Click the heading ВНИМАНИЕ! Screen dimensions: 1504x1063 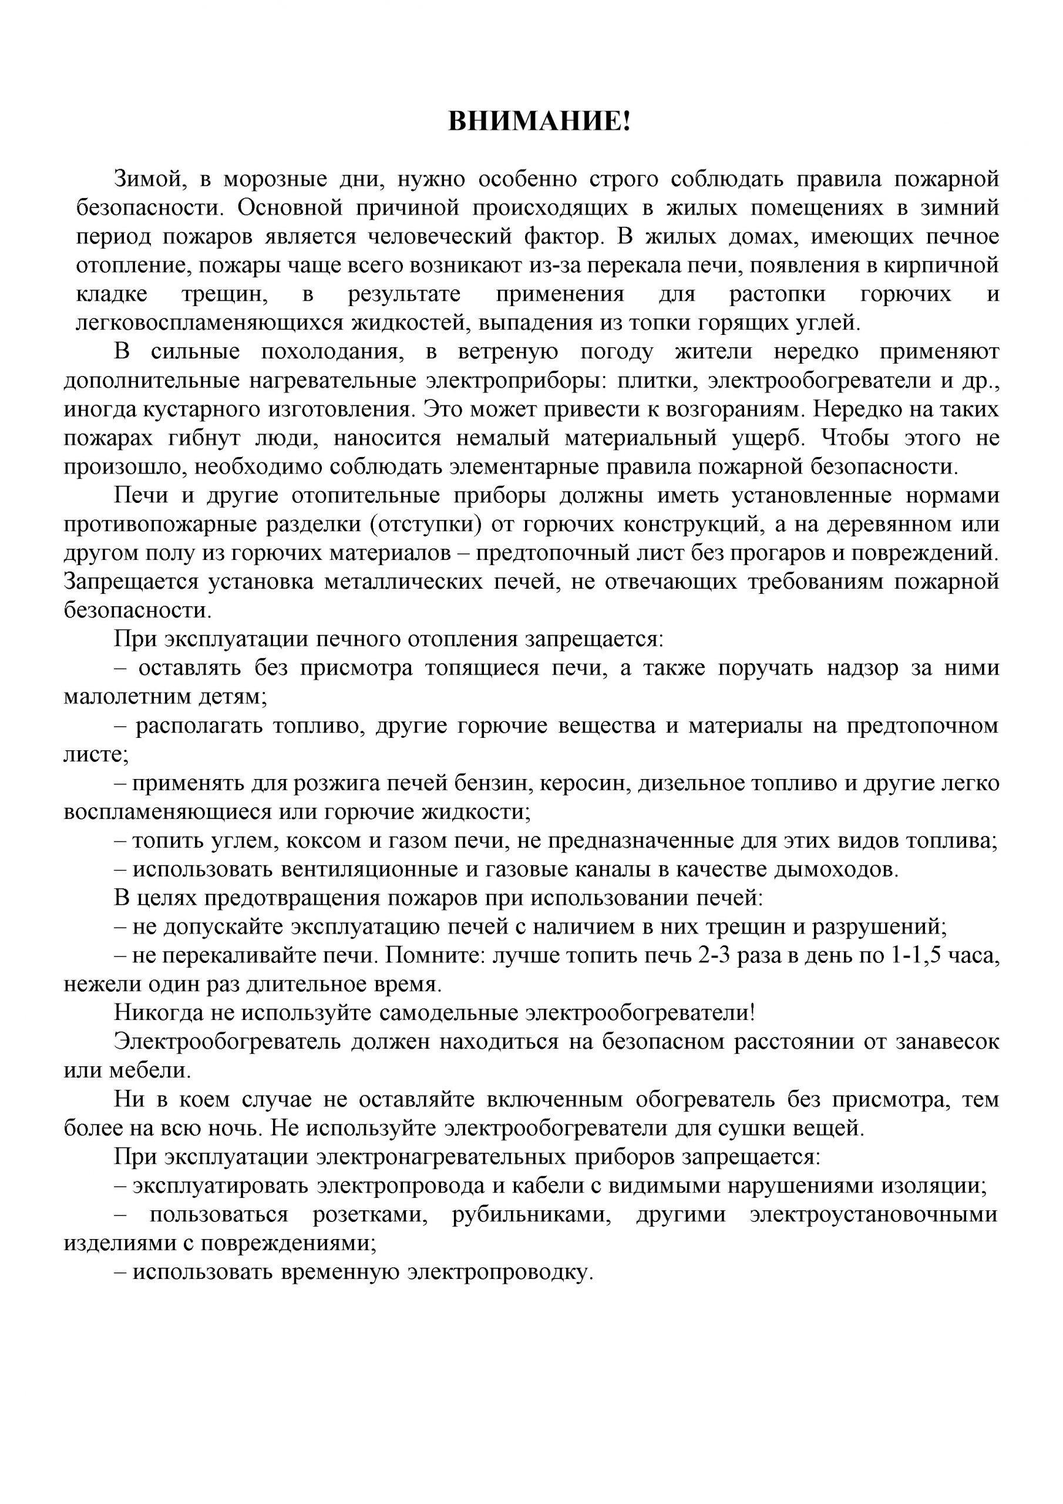[539, 122]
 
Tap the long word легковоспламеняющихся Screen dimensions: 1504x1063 [210, 323]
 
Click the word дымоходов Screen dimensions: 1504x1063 [836, 869]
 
